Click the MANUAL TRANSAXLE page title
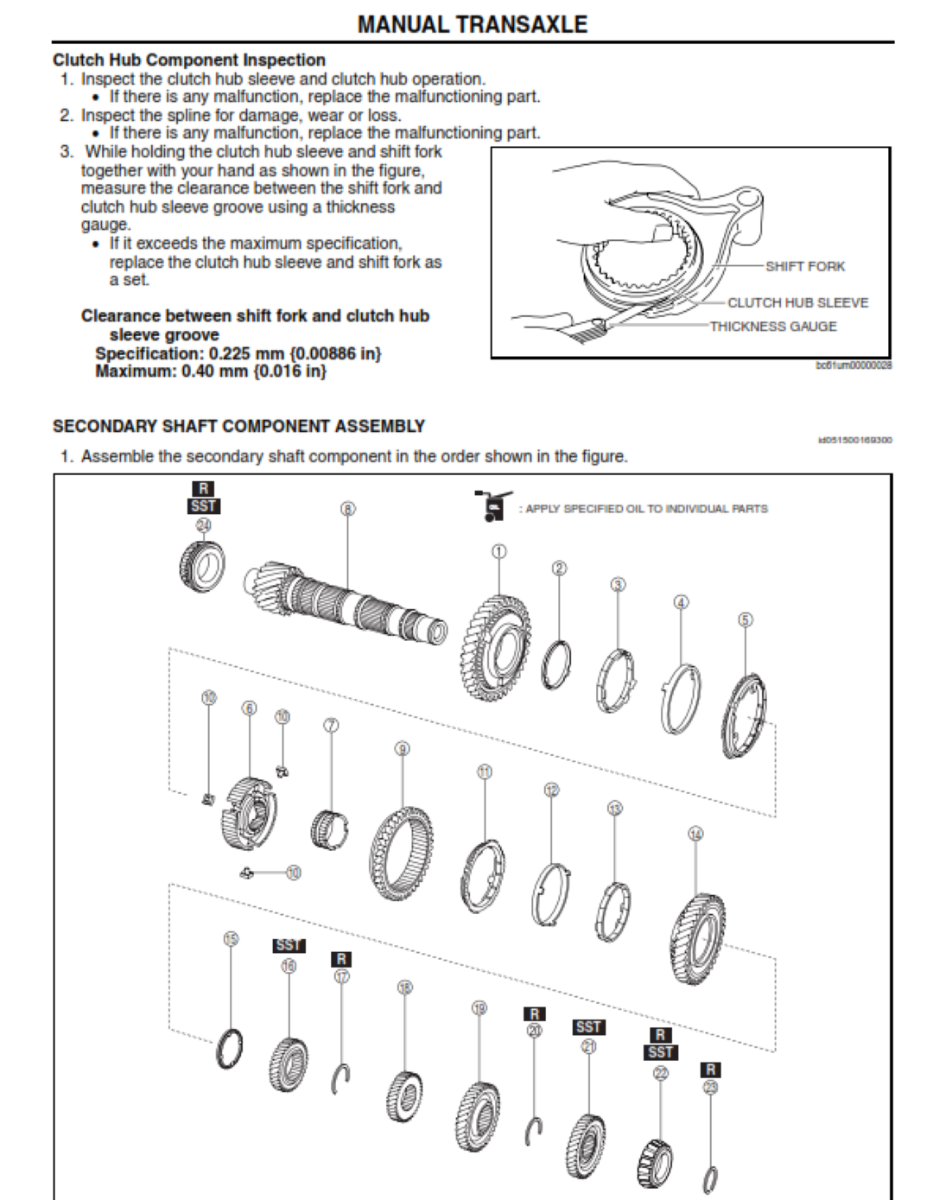click(472, 24)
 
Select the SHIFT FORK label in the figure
click(804, 266)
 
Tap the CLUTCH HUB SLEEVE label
click(797, 302)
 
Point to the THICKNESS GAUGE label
click(773, 326)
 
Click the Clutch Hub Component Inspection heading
click(189, 60)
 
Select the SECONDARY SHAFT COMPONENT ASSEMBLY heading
click(238, 426)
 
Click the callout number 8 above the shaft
click(347, 509)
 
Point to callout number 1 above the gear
click(499, 551)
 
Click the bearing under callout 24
click(202, 566)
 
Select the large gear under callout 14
click(697, 940)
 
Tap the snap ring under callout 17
click(341, 1078)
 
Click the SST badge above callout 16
click(289, 946)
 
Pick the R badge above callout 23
click(710, 1070)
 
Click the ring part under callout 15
click(229, 1047)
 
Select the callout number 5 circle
click(746, 619)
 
